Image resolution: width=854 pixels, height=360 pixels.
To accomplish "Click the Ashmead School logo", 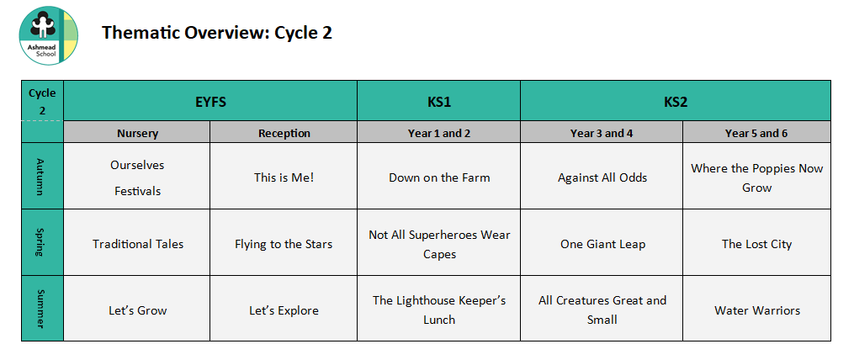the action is coord(49,35).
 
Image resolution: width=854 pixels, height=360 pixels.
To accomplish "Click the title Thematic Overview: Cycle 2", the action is coord(217,33).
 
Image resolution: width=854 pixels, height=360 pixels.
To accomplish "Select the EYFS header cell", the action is coord(210,101).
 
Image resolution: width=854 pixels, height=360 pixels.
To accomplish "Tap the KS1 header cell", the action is coord(438,101).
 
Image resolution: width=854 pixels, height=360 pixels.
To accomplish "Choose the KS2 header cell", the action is coord(676,101).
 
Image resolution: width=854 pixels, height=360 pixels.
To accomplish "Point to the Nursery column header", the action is coord(136,132).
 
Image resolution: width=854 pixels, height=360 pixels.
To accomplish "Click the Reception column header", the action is coord(284,132).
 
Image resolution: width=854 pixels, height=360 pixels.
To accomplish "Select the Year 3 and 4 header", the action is coord(602,132).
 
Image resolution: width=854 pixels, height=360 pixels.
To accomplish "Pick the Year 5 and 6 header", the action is coord(756,132).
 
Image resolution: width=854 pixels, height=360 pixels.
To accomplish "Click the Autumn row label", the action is coord(42,176).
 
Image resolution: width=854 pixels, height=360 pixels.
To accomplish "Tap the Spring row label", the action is coord(42,242).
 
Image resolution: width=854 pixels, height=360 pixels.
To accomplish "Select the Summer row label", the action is coord(42,308).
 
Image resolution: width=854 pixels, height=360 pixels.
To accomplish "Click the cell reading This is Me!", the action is coord(284,177).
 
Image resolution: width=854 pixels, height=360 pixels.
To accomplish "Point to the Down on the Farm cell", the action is coord(439,177).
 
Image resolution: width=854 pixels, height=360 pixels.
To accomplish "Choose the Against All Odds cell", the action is coord(602,177).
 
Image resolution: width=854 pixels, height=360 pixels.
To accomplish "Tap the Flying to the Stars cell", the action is coord(284,243).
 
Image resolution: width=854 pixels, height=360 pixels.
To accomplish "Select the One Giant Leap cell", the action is coord(602,243).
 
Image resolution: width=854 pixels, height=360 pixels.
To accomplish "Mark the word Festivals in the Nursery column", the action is coord(137,191).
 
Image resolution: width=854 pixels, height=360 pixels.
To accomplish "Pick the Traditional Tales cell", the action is coord(137,243).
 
